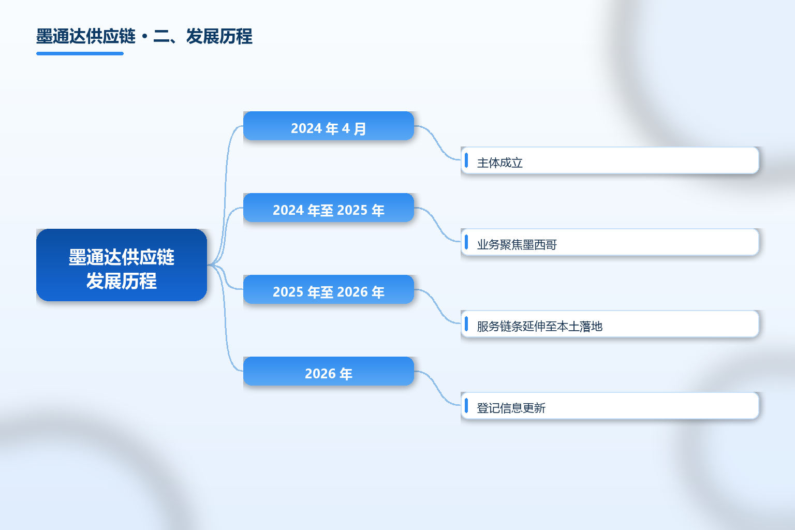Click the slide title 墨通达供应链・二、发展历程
click(x=144, y=37)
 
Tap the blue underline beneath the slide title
click(x=80, y=54)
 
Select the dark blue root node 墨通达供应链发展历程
click(x=122, y=265)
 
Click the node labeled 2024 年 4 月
click(x=329, y=126)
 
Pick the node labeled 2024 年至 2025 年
click(x=329, y=208)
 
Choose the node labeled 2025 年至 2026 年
click(x=329, y=289)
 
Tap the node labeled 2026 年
click(x=329, y=371)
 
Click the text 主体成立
click(x=499, y=163)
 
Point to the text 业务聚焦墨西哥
click(x=517, y=244)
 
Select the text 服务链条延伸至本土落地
click(x=539, y=326)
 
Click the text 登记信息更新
click(x=511, y=408)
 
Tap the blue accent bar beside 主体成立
click(x=466, y=160)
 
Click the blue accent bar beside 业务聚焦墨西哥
click(x=466, y=242)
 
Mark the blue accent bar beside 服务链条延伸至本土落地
click(x=466, y=324)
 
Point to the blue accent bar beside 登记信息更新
click(x=466, y=405)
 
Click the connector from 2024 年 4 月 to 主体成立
click(x=437, y=143)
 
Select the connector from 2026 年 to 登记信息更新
click(x=437, y=388)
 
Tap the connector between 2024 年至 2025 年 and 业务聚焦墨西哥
click(x=437, y=225)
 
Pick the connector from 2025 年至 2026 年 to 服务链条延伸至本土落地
click(x=437, y=306)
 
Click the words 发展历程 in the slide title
click(x=219, y=37)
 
